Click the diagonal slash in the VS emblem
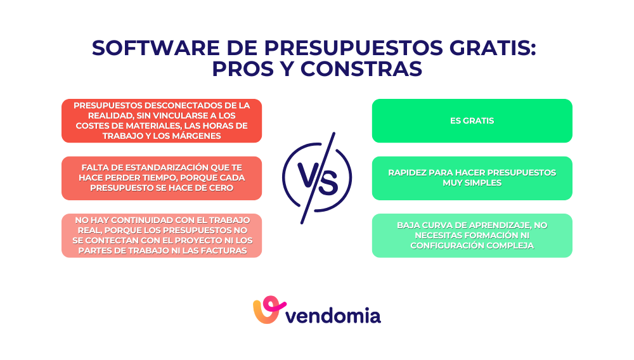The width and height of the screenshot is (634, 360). click(x=317, y=177)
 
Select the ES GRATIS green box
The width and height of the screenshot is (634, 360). click(x=472, y=120)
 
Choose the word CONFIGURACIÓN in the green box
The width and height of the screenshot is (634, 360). click(x=443, y=245)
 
